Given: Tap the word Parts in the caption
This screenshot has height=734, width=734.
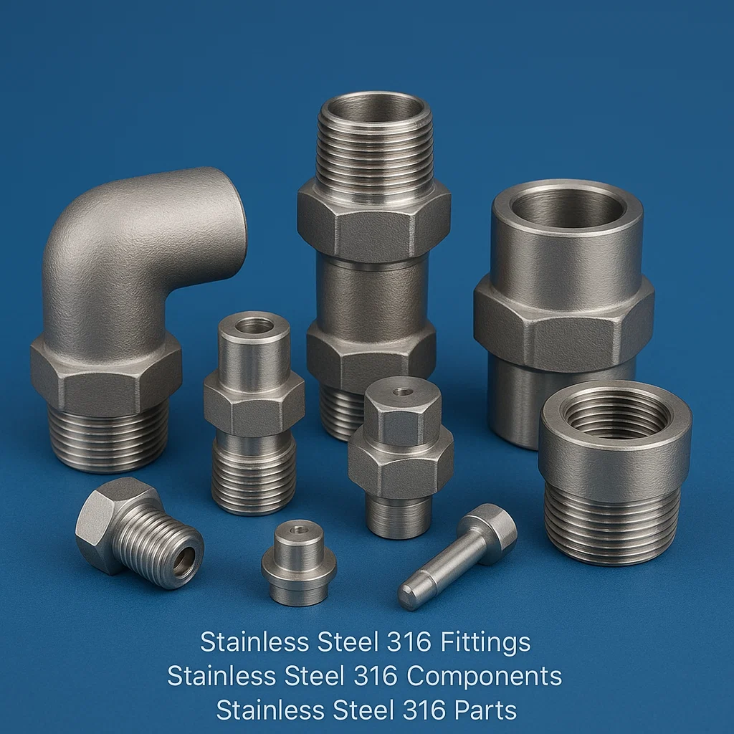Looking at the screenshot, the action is pos(485,710).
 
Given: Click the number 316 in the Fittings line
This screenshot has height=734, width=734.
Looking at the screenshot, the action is pos(409,642).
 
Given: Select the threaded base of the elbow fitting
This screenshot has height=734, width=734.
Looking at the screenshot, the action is pos(109,440).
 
